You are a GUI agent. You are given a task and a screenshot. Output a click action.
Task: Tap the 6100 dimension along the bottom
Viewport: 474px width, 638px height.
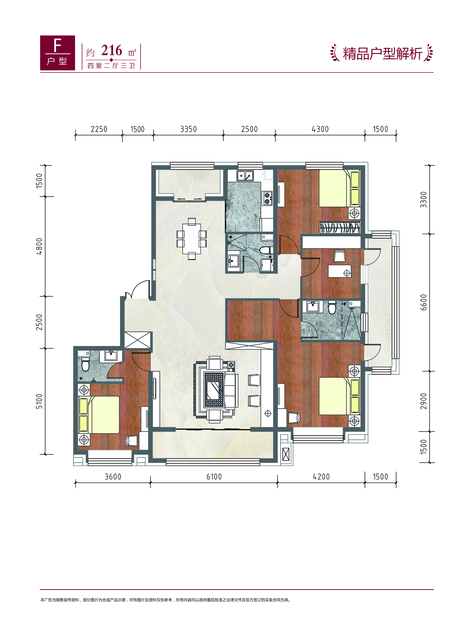pos(214,477)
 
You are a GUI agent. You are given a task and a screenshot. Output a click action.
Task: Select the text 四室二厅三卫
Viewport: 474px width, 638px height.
pos(111,66)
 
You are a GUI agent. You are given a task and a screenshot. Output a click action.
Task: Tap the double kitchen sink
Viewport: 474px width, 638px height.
pos(245,175)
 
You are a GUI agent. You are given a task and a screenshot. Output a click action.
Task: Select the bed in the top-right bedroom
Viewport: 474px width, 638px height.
pos(340,188)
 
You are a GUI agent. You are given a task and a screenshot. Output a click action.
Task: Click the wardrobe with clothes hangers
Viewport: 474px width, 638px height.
pos(340,227)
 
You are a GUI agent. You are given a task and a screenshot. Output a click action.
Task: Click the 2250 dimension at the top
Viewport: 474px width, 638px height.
pos(99,129)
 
